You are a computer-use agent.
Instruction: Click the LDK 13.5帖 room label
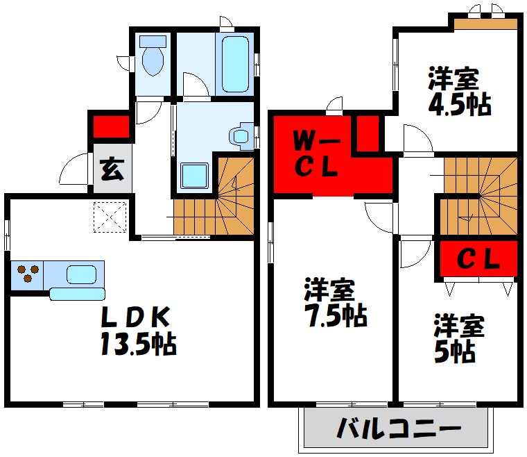click(x=137, y=331)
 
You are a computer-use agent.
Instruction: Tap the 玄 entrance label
click(x=111, y=169)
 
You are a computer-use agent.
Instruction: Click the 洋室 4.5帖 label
click(x=458, y=91)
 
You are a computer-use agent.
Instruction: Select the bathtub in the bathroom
click(x=239, y=63)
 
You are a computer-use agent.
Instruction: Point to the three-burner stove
click(x=28, y=273)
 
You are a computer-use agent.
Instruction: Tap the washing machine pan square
click(x=195, y=176)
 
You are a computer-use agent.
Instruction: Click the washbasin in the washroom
click(x=240, y=135)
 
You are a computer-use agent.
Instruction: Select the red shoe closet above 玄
click(x=111, y=126)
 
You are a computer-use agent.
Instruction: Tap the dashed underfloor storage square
click(x=111, y=215)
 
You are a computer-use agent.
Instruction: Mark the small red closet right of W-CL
click(x=368, y=133)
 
